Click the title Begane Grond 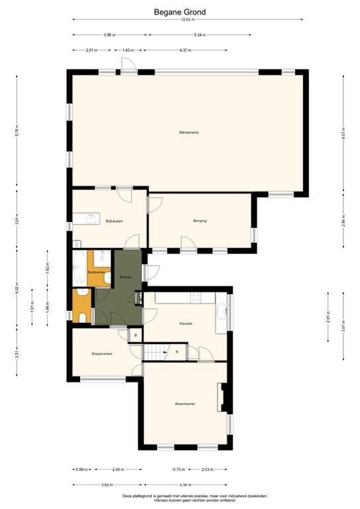point(180,12)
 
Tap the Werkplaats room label point(189,132)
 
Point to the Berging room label point(200,221)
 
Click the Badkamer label point(96,272)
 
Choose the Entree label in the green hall point(125,276)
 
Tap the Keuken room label point(186,323)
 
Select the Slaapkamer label point(101,353)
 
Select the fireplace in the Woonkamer point(221,397)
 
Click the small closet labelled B point(135,335)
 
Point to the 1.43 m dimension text point(128,50)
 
